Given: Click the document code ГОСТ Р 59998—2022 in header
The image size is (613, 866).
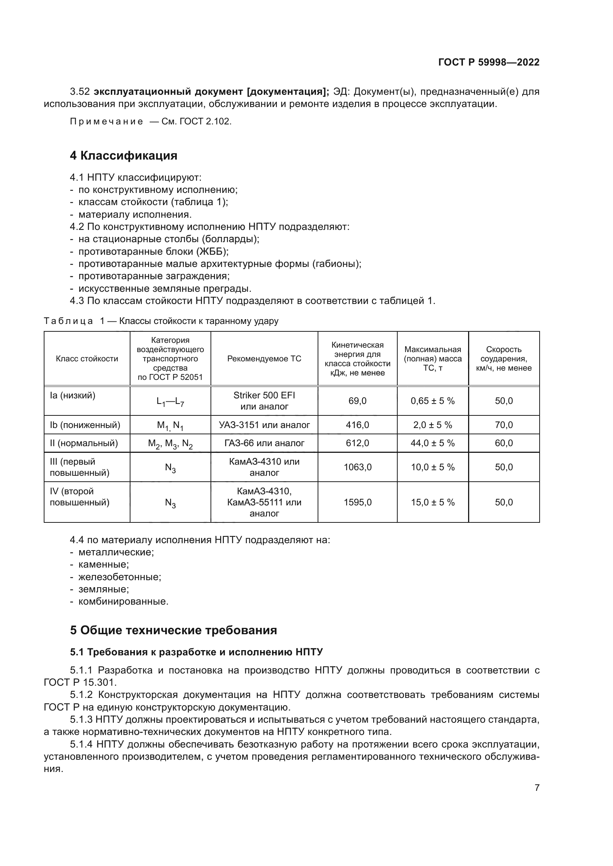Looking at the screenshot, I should pos(488,62).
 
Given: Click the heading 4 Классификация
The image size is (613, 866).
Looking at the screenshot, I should pos(123,156).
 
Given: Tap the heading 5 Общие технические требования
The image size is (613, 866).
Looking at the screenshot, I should pos(173,630).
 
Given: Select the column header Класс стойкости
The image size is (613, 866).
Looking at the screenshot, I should pos(87,359).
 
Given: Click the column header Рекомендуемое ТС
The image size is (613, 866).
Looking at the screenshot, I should pos(264,359).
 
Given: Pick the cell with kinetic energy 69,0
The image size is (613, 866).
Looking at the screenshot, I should pos(357,401).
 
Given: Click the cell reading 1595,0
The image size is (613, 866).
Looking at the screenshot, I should pos(357,502).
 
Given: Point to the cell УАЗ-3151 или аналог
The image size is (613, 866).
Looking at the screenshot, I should pos(264,425).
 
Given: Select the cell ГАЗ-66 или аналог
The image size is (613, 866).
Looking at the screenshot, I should pos(264,443).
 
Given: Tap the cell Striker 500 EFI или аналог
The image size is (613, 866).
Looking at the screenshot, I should pos(264,401).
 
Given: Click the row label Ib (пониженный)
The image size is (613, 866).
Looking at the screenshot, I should pos(85,425).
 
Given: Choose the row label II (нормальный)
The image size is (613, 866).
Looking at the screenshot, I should pos(84,443).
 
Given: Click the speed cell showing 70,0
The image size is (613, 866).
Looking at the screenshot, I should pos(504,425).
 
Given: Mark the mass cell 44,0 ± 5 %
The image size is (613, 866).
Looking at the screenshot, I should pos(433,443).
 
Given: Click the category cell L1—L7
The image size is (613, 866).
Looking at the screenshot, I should pos(170,402).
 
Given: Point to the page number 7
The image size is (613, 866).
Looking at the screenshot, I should pos(537,788).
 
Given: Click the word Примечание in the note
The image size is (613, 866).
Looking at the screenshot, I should pos(106,121).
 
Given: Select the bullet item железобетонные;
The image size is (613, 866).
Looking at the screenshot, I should pos(120,577).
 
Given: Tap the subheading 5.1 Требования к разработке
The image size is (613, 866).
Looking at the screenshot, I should pos(196,652).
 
